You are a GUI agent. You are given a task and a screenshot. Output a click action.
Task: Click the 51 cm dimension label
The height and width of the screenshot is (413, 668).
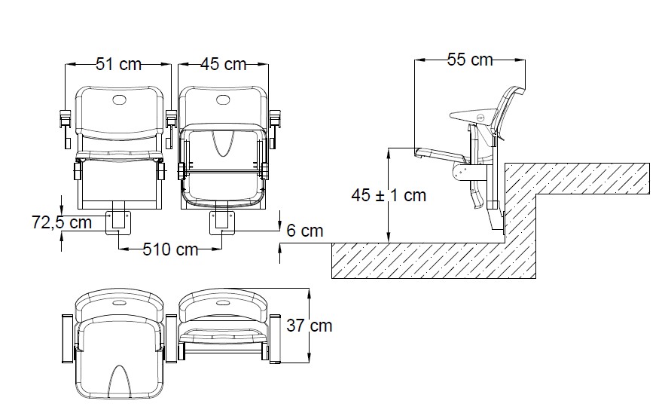[118, 64]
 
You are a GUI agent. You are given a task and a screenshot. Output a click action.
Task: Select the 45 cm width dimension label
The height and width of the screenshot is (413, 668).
[224, 64]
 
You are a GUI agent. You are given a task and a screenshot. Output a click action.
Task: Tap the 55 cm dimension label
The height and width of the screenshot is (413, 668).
[471, 60]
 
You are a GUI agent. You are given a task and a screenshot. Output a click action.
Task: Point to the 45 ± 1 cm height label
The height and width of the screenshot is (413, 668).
[389, 195]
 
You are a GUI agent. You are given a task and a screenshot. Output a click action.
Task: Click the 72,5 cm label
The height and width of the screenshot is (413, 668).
[62, 222]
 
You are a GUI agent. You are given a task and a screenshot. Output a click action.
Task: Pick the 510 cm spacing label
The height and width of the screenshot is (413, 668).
[170, 249]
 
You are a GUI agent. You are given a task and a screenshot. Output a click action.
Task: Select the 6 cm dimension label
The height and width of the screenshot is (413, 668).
[305, 231]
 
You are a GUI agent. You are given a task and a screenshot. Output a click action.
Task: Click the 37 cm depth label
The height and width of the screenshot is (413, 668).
[310, 326]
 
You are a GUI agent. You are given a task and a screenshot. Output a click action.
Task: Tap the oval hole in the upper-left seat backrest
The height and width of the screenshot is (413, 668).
[119, 99]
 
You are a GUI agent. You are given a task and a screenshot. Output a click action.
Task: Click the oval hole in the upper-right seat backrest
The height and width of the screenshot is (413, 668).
[224, 99]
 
